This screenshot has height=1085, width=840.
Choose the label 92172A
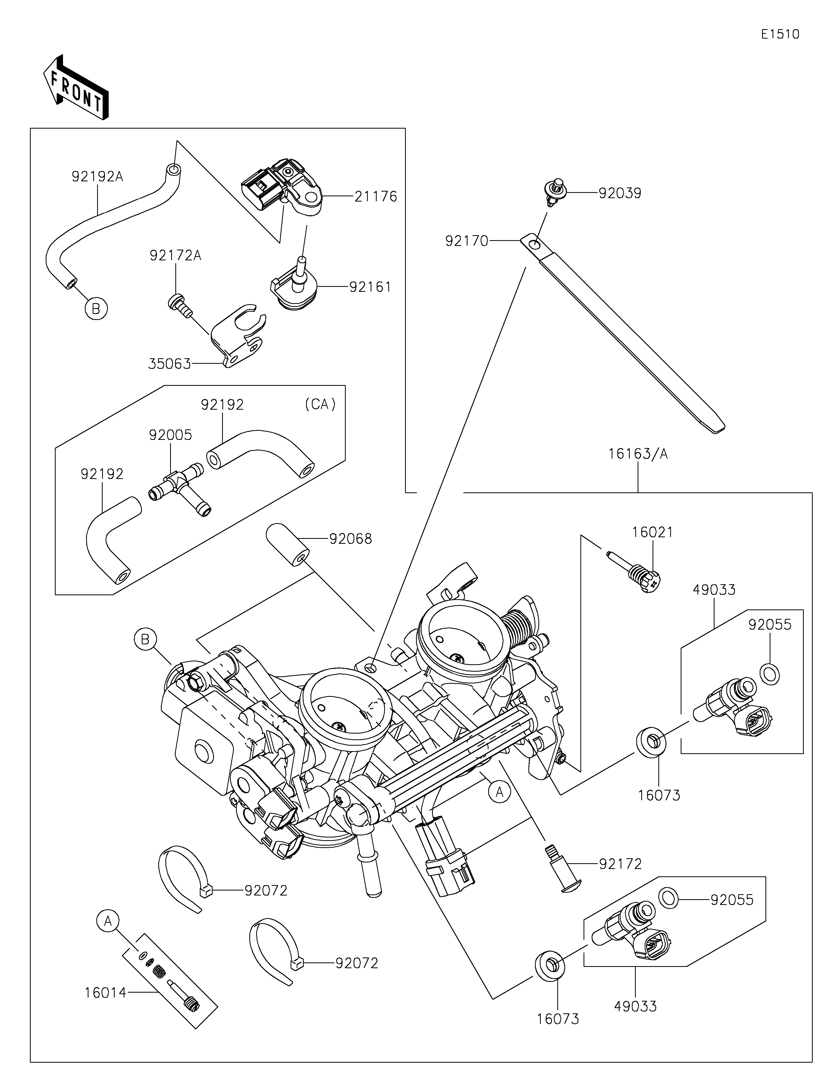175,256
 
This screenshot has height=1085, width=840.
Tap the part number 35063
169,364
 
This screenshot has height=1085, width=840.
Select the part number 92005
170,435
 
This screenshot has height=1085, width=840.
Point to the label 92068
350,539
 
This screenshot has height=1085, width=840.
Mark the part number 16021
652,533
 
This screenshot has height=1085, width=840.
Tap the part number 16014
105,993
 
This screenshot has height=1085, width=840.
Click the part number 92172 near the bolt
620,865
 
